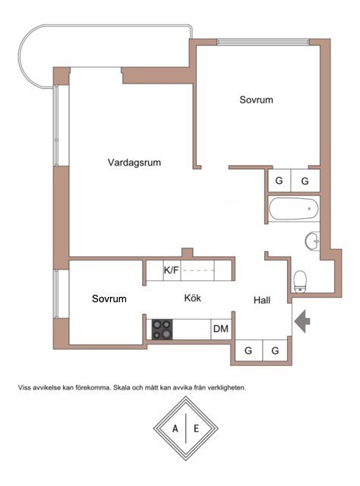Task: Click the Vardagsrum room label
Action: tap(134, 163)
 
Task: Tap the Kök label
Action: tap(193, 298)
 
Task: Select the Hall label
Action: tap(262, 300)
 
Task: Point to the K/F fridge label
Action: tap(172, 270)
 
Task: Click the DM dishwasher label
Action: tap(221, 329)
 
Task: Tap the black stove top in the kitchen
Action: tap(163, 329)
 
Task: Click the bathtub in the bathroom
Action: tap(293, 209)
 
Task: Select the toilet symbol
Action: tap(300, 282)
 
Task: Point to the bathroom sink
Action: tap(313, 241)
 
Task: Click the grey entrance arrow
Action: tap(302, 320)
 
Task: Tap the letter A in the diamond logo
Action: tap(175, 428)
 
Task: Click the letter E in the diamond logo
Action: tap(196, 428)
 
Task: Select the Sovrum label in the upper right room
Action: tap(257, 99)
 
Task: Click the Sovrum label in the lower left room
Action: tap(109, 298)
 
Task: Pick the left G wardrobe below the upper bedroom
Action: tap(279, 181)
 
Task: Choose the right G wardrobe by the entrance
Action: tap(275, 351)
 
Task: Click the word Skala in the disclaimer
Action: tap(122, 387)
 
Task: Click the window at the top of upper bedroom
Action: tap(264, 42)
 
